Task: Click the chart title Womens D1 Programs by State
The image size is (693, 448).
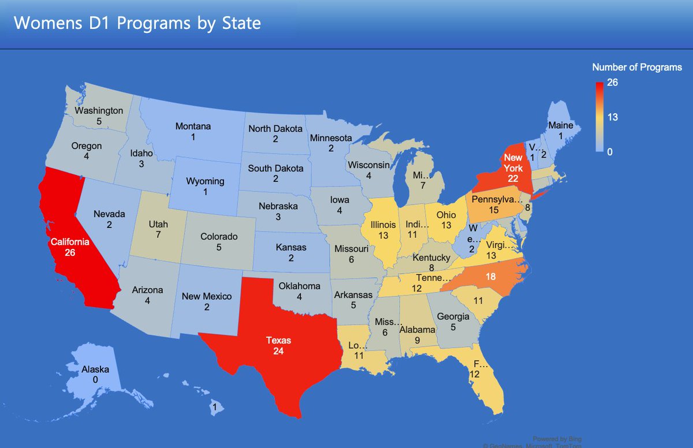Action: [x=137, y=23]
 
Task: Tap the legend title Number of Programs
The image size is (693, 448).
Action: [x=637, y=68]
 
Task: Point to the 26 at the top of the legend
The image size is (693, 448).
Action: [x=612, y=83]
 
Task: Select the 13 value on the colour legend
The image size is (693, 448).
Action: [x=612, y=117]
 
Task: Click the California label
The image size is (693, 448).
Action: [x=70, y=242]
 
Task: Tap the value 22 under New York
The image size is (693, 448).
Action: [x=512, y=178]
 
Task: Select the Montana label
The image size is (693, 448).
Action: [x=193, y=126]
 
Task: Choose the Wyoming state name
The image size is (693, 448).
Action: [x=205, y=181]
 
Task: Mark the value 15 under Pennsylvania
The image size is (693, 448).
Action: [x=493, y=211]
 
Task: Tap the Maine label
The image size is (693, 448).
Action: [x=561, y=125]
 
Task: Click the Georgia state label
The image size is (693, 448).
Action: [x=453, y=316]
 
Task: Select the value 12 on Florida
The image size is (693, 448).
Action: [x=475, y=374]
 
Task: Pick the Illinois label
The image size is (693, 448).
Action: [x=383, y=225]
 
